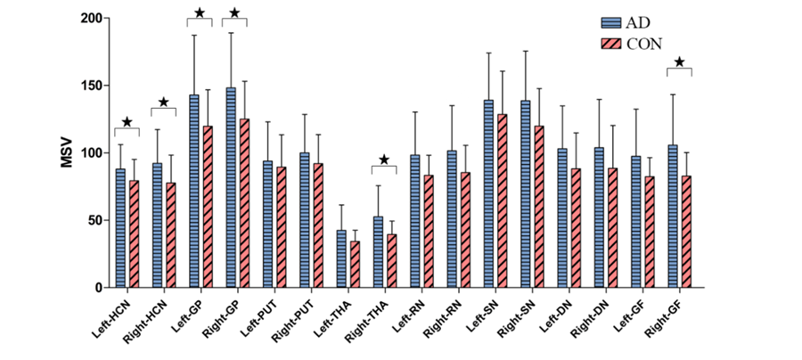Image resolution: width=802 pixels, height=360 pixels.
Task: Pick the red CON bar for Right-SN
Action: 539,207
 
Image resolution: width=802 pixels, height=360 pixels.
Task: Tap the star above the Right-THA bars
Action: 384,160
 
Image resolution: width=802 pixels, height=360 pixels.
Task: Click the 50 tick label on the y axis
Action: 93,220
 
